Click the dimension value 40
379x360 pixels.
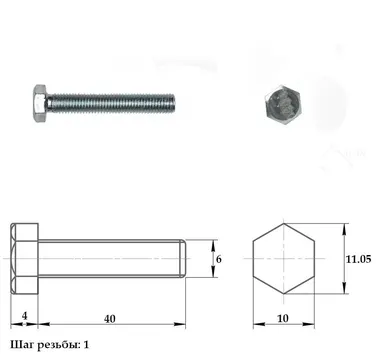[109, 319]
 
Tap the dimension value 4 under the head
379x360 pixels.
[24, 316]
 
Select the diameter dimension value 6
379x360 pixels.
[219, 259]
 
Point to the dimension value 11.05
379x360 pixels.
[358, 259]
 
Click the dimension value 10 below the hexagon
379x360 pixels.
[283, 319]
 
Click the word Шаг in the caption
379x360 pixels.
[22, 345]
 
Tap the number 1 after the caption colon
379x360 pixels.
[86, 345]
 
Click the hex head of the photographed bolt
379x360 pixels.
[40, 102]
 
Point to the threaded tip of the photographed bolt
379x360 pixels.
[171, 103]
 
